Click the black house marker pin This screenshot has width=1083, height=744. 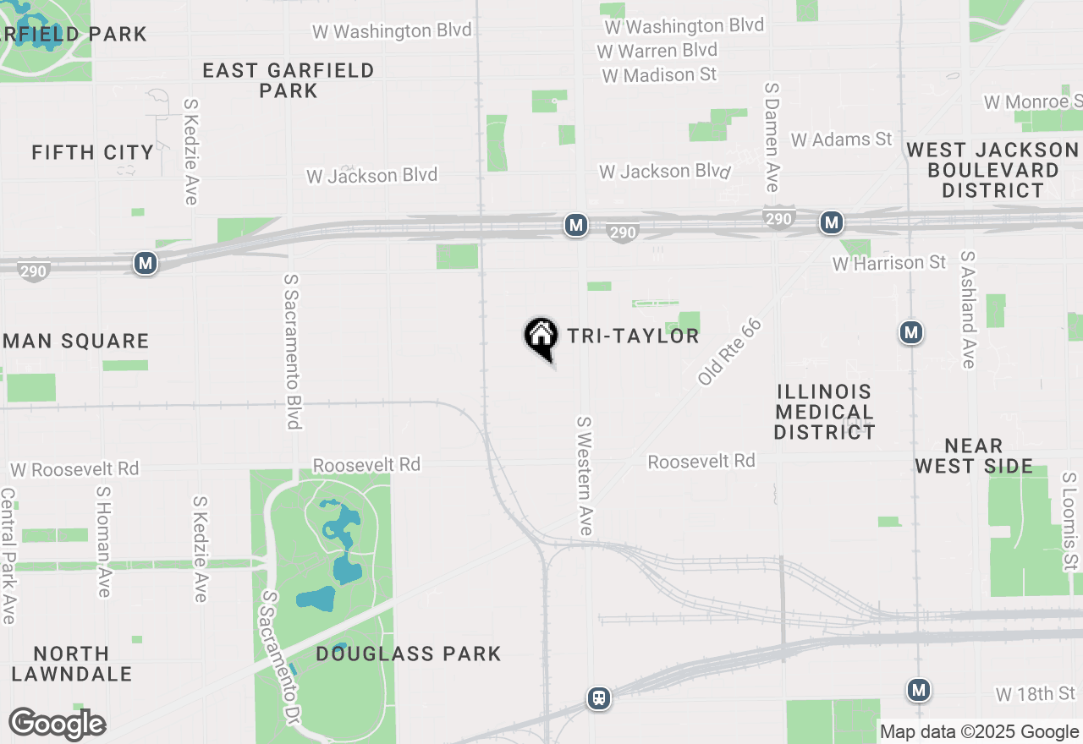[541, 337]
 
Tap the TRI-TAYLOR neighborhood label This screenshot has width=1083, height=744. [633, 336]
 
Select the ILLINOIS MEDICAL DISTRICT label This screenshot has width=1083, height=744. [824, 412]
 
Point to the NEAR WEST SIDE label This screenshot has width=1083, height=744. [974, 456]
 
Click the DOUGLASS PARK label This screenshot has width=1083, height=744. [409, 654]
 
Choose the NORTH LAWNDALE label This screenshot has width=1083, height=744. [72, 664]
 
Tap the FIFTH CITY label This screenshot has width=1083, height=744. [93, 152]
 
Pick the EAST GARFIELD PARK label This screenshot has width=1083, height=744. [289, 80]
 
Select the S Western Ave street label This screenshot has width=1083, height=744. [585, 475]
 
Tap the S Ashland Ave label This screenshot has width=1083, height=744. [968, 309]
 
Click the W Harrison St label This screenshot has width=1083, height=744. [889, 263]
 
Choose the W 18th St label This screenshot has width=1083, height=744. [1036, 694]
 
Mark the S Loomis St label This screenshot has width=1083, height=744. [1070, 522]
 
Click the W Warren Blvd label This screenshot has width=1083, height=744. [657, 51]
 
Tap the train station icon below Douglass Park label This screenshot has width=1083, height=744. [599, 698]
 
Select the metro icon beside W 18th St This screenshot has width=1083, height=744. [919, 690]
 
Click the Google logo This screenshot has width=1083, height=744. [57, 724]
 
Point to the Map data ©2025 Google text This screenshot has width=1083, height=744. [980, 732]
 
